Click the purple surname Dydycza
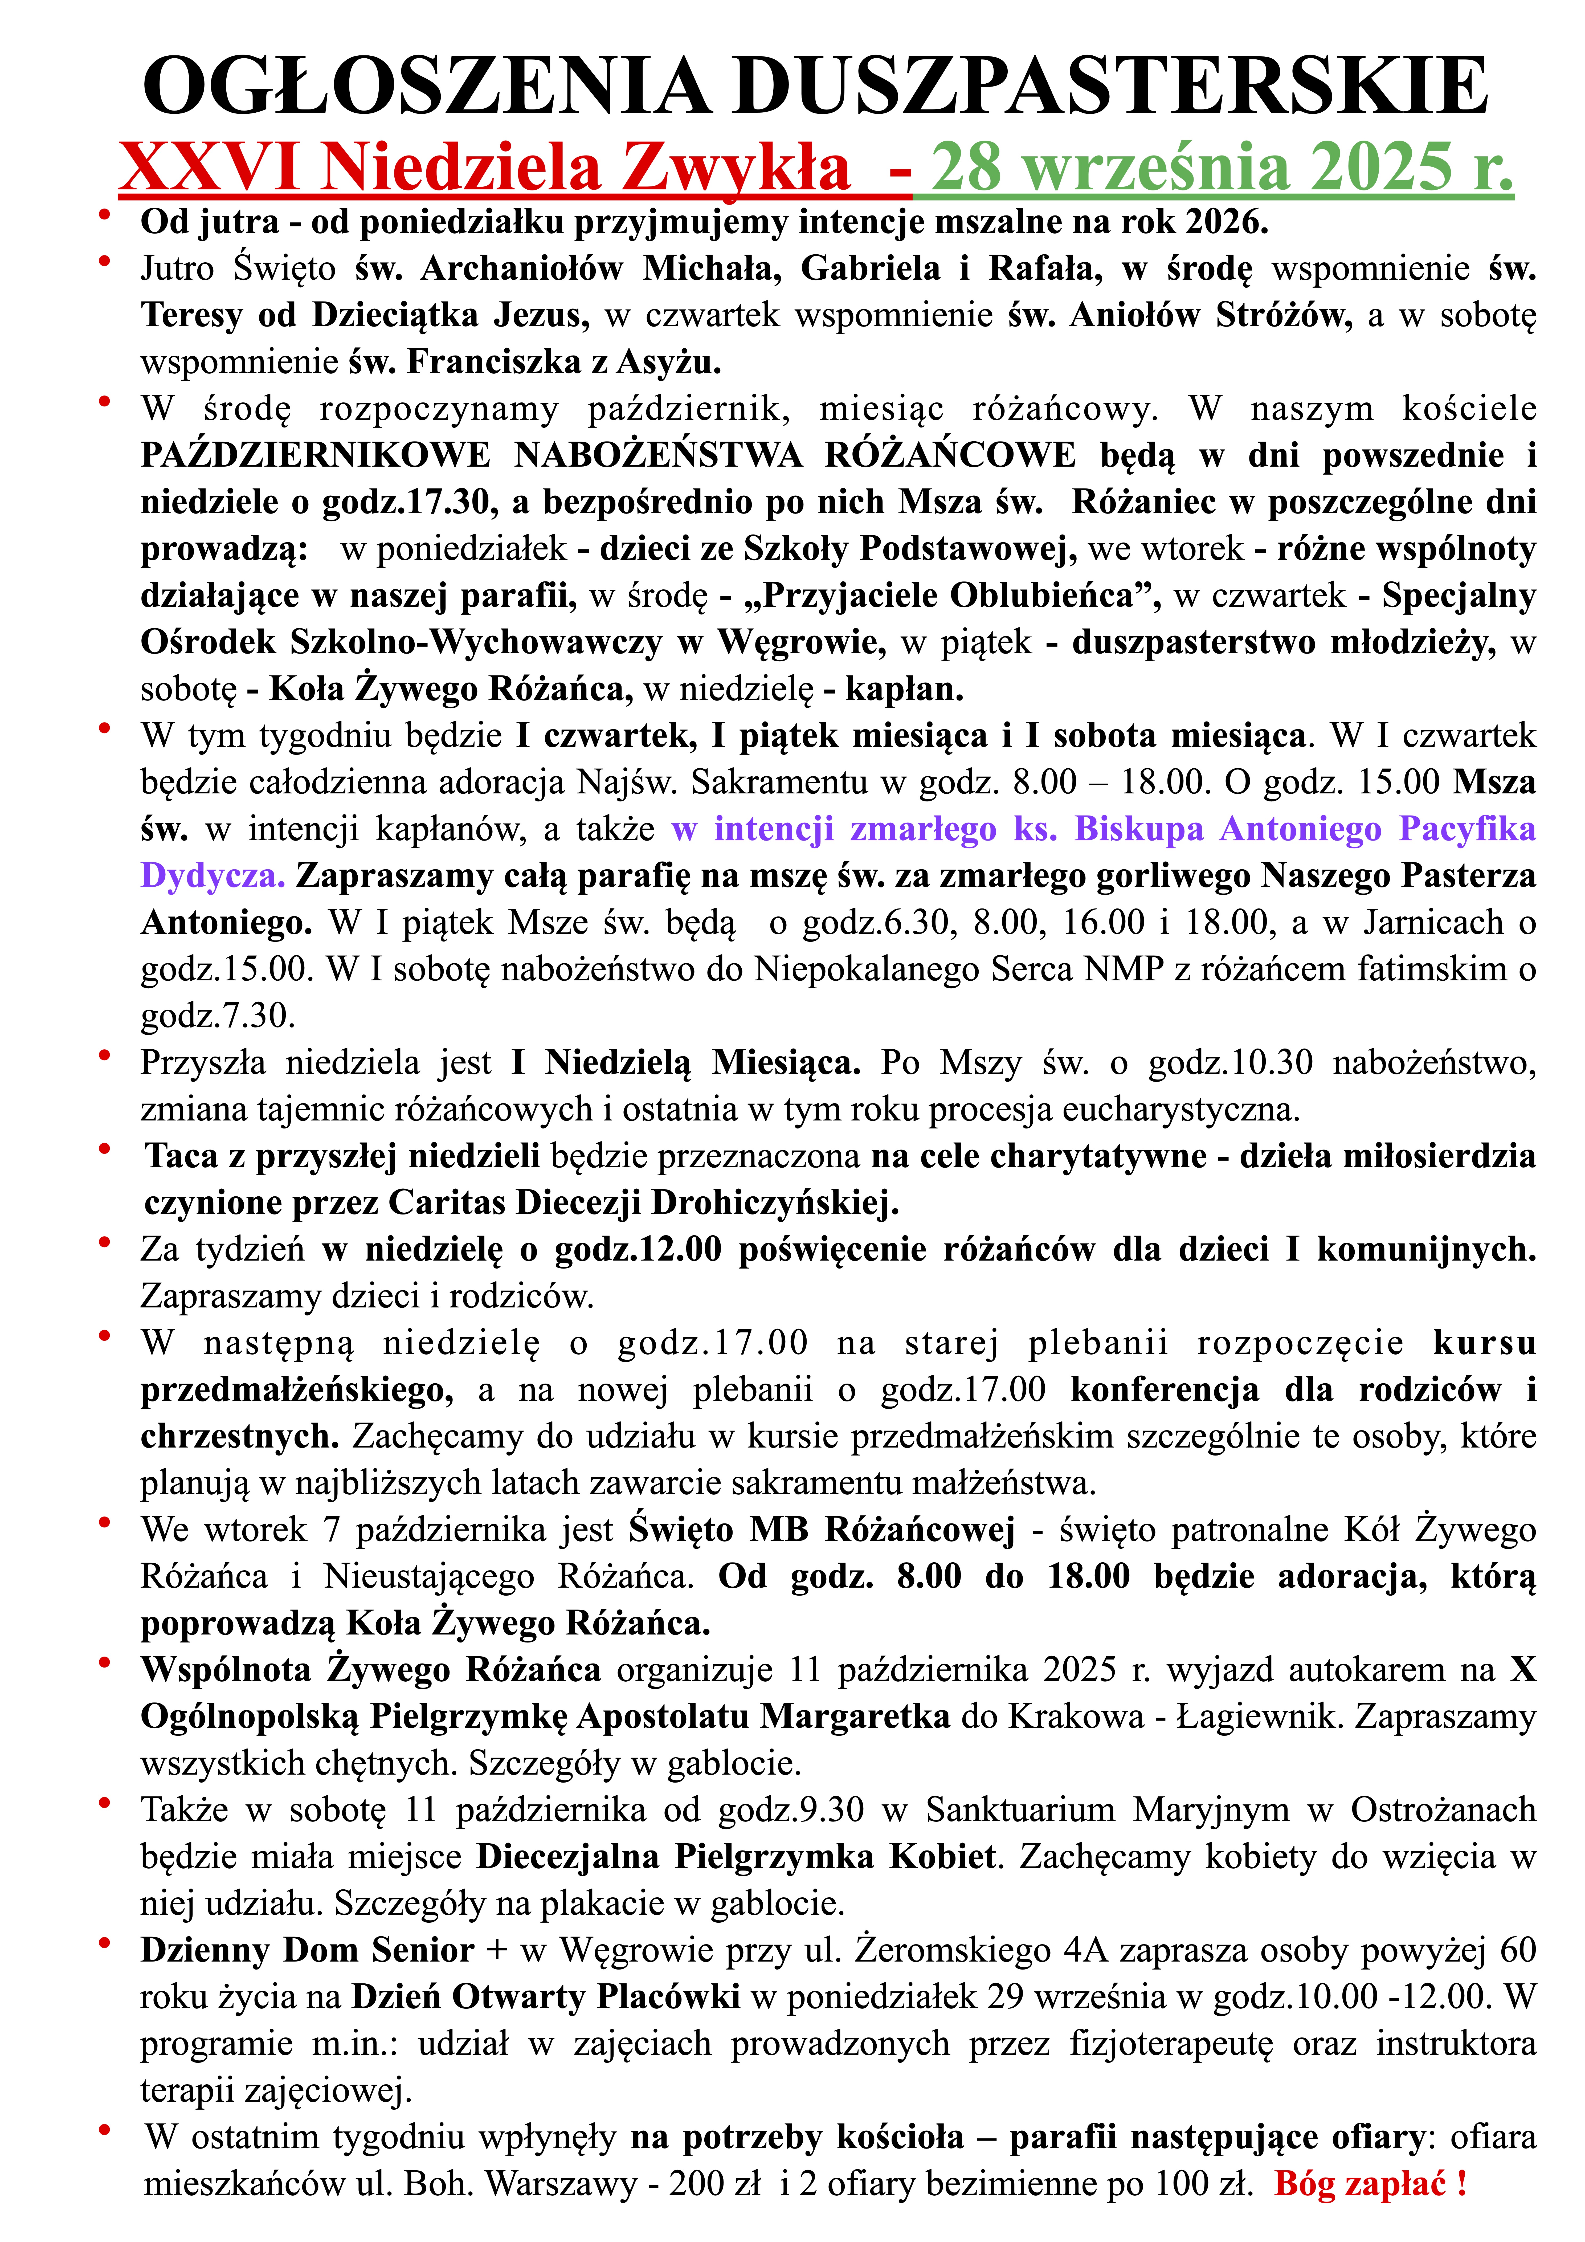[x=212, y=876]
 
